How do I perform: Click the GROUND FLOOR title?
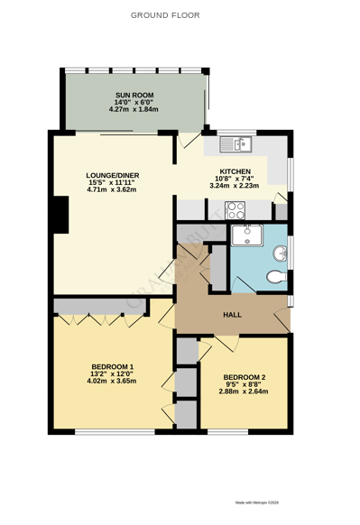(165, 15)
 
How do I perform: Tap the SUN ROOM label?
(134, 95)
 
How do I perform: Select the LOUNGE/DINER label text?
(112, 175)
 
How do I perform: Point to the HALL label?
(232, 314)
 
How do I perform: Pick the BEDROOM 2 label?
(245, 377)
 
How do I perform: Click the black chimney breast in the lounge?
(60, 216)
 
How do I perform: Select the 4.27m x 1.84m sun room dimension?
(134, 110)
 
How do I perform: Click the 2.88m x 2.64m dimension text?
(245, 392)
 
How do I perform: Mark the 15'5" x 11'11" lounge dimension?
(112, 182)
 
